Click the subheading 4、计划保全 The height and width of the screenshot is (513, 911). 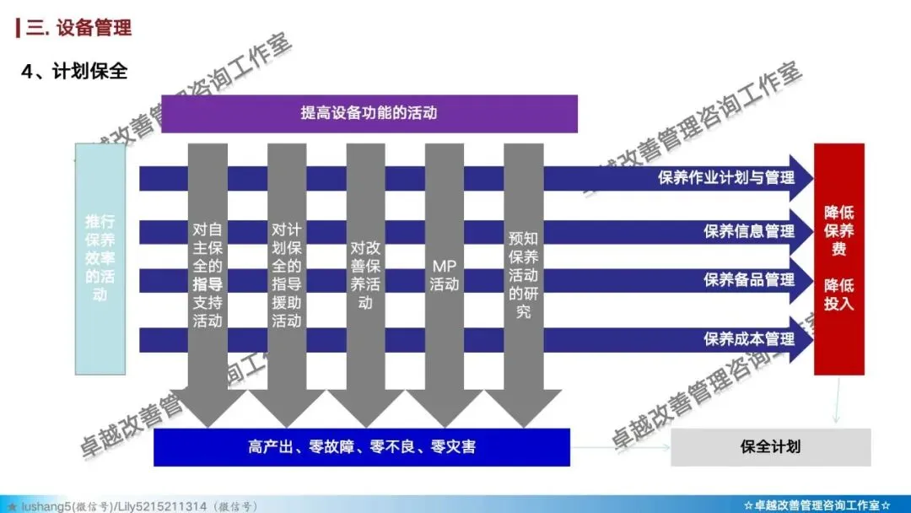click(x=75, y=72)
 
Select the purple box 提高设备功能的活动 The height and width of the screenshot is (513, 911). click(x=369, y=113)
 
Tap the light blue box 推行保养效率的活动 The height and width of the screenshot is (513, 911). click(x=100, y=258)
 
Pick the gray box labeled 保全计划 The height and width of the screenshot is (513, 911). click(x=770, y=446)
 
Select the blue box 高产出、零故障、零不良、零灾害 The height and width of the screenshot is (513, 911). click(x=361, y=446)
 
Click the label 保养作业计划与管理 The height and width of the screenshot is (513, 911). click(x=726, y=178)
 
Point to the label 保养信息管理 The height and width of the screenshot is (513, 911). click(x=749, y=230)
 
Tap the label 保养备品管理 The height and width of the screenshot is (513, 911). click(x=749, y=280)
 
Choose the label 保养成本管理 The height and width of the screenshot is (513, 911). click(x=749, y=338)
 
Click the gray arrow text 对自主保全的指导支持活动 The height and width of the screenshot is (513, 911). click(x=208, y=274)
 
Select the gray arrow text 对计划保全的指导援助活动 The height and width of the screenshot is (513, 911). click(x=287, y=274)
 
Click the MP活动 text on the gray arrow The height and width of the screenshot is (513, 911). click(x=445, y=274)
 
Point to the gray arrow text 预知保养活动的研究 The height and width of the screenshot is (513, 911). click(x=523, y=274)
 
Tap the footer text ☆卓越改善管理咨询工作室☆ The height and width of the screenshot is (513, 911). click(x=817, y=505)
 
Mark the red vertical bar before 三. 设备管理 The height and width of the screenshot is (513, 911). click(x=19, y=28)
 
